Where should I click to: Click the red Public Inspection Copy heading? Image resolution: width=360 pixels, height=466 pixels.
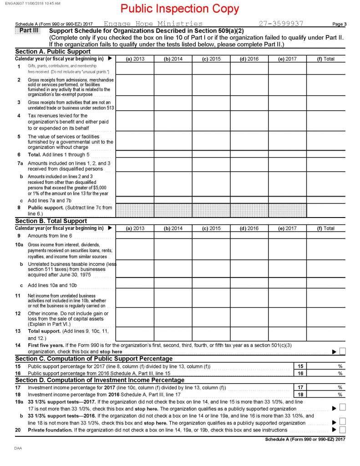pyautogui.click(x=179, y=9)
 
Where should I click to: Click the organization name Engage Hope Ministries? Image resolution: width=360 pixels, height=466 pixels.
pyautogui.click(x=153, y=23)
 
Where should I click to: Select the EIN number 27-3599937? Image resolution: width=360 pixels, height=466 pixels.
pyautogui.click(x=281, y=23)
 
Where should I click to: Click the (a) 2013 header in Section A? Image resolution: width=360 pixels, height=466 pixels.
pyautogui.click(x=135, y=59)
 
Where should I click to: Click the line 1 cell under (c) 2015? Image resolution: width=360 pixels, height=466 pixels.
pyautogui.click(x=211, y=68)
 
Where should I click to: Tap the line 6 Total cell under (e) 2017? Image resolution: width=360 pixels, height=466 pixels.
pyautogui.click(x=287, y=155)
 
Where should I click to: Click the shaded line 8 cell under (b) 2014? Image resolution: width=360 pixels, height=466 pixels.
pyautogui.click(x=172, y=210)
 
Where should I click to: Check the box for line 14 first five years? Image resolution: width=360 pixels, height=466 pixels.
pyautogui.click(x=342, y=351)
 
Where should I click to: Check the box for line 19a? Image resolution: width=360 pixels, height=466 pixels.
pyautogui.click(x=342, y=406)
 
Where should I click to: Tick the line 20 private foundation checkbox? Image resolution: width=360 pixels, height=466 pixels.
pyautogui.click(x=342, y=430)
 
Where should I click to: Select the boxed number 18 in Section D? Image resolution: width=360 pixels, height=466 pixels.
pyautogui.click(x=300, y=394)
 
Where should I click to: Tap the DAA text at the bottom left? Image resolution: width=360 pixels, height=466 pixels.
pyautogui.click(x=18, y=448)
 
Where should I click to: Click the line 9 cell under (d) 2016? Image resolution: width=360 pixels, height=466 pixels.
pyautogui.click(x=249, y=236)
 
